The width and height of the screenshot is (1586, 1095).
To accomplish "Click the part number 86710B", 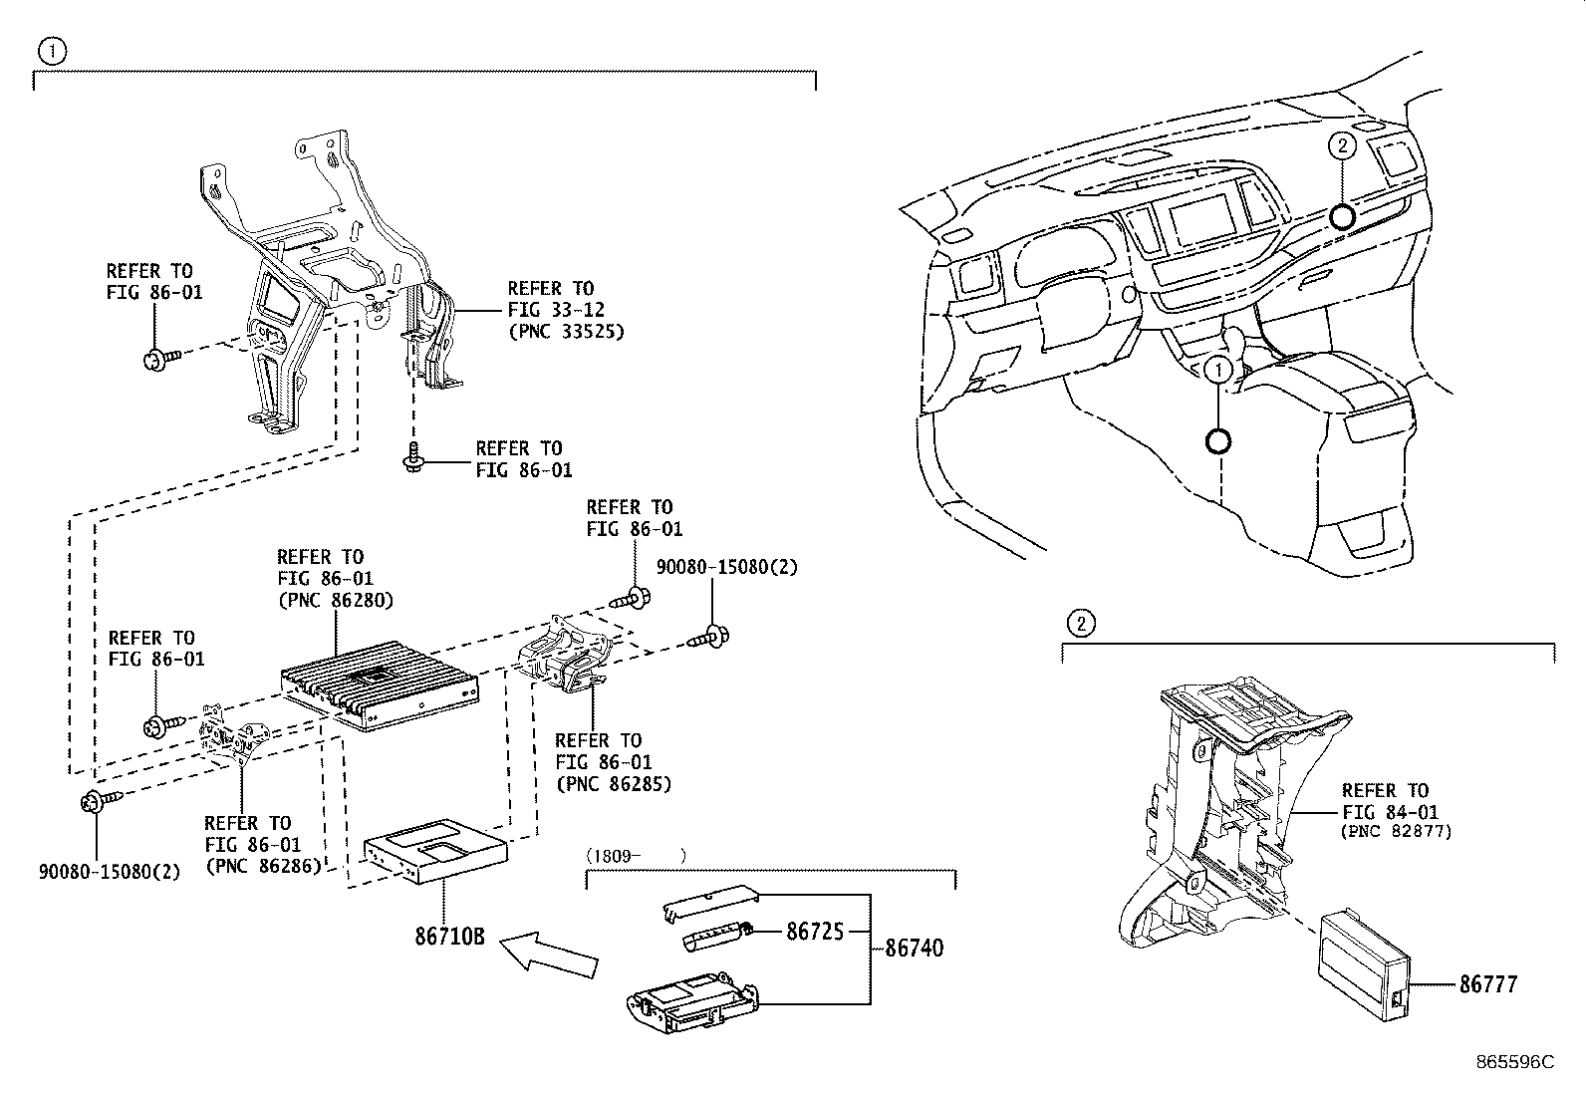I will click(x=449, y=937).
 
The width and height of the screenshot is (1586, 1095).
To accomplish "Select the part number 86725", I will click(x=815, y=932).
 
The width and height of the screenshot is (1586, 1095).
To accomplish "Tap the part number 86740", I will click(x=914, y=948).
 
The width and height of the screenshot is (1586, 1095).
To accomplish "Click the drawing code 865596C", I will click(x=1514, y=1062).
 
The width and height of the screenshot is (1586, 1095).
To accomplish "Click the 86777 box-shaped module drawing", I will click(x=1364, y=958).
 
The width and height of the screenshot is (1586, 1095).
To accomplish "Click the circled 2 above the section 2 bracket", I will click(x=1081, y=624).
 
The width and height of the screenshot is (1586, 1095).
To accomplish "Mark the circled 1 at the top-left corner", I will click(x=52, y=51).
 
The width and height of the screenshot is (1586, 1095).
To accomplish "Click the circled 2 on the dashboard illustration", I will click(x=1342, y=145).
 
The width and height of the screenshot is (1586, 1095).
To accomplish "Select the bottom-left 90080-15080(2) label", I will click(x=110, y=871).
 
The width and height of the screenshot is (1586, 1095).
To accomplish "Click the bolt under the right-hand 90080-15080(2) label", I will click(x=710, y=636).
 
